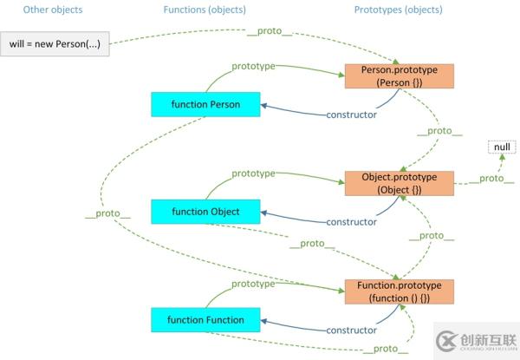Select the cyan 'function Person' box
205,104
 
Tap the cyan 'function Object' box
205,211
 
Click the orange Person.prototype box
400,75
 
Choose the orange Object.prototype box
400,183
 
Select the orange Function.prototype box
400,291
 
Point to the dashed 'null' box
478,147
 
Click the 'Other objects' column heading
54,10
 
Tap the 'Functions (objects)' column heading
205,10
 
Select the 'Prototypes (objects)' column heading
398,10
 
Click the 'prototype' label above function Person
253,65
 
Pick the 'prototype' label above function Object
253,173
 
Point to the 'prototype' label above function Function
253,283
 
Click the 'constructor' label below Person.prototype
350,115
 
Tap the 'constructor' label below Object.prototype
350,221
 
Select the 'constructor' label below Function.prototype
350,331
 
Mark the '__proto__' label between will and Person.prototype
270,32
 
